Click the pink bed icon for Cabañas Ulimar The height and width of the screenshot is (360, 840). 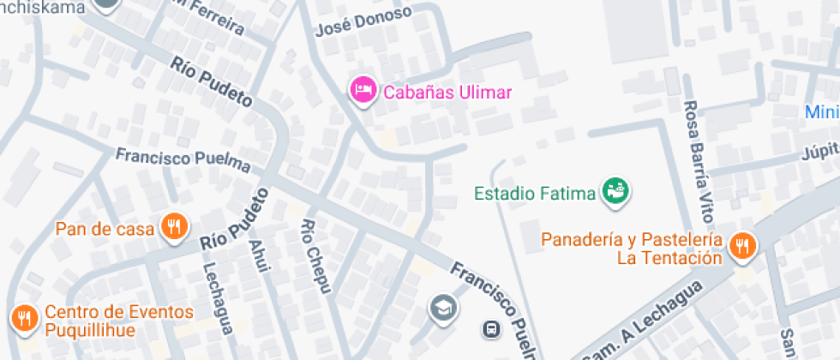click(x=363, y=89)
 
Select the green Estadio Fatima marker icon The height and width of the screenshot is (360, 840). click(x=615, y=190)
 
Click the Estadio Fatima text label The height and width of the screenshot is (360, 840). click(x=535, y=193)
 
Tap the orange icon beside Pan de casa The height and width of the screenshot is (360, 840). click(x=174, y=227)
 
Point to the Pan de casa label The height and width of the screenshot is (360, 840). click(x=105, y=229)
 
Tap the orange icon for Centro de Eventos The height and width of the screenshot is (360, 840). click(x=23, y=318)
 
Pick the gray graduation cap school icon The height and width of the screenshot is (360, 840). click(x=443, y=306)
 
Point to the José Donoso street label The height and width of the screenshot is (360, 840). click(x=363, y=21)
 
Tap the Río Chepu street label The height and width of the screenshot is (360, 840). click(x=315, y=257)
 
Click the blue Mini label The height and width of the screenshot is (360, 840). click(x=822, y=112)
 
